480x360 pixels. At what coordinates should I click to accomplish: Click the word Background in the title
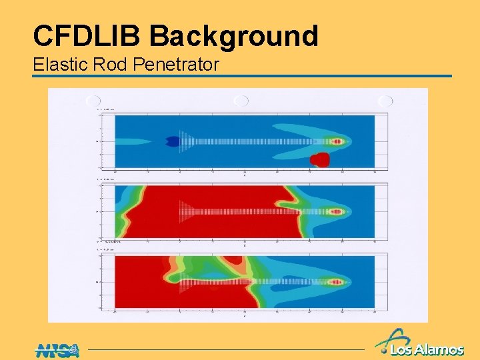[x=234, y=37]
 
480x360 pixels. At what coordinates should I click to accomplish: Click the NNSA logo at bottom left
[x=56, y=349]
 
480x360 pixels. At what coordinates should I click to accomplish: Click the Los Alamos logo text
[x=427, y=349]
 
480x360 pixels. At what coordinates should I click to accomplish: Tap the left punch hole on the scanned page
[x=93, y=101]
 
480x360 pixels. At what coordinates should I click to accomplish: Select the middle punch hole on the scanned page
[x=241, y=101]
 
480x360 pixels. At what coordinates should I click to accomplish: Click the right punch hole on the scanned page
[x=385, y=101]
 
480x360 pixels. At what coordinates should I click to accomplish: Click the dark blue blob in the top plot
[x=173, y=141]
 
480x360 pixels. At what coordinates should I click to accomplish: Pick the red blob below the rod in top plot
[x=320, y=159]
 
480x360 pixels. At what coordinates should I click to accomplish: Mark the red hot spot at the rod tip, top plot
[x=337, y=141]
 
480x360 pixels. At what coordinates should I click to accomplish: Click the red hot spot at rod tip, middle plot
[x=337, y=211]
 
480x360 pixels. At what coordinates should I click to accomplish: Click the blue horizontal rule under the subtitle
[x=241, y=76]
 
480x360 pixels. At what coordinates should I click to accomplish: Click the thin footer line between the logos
[x=227, y=349]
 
